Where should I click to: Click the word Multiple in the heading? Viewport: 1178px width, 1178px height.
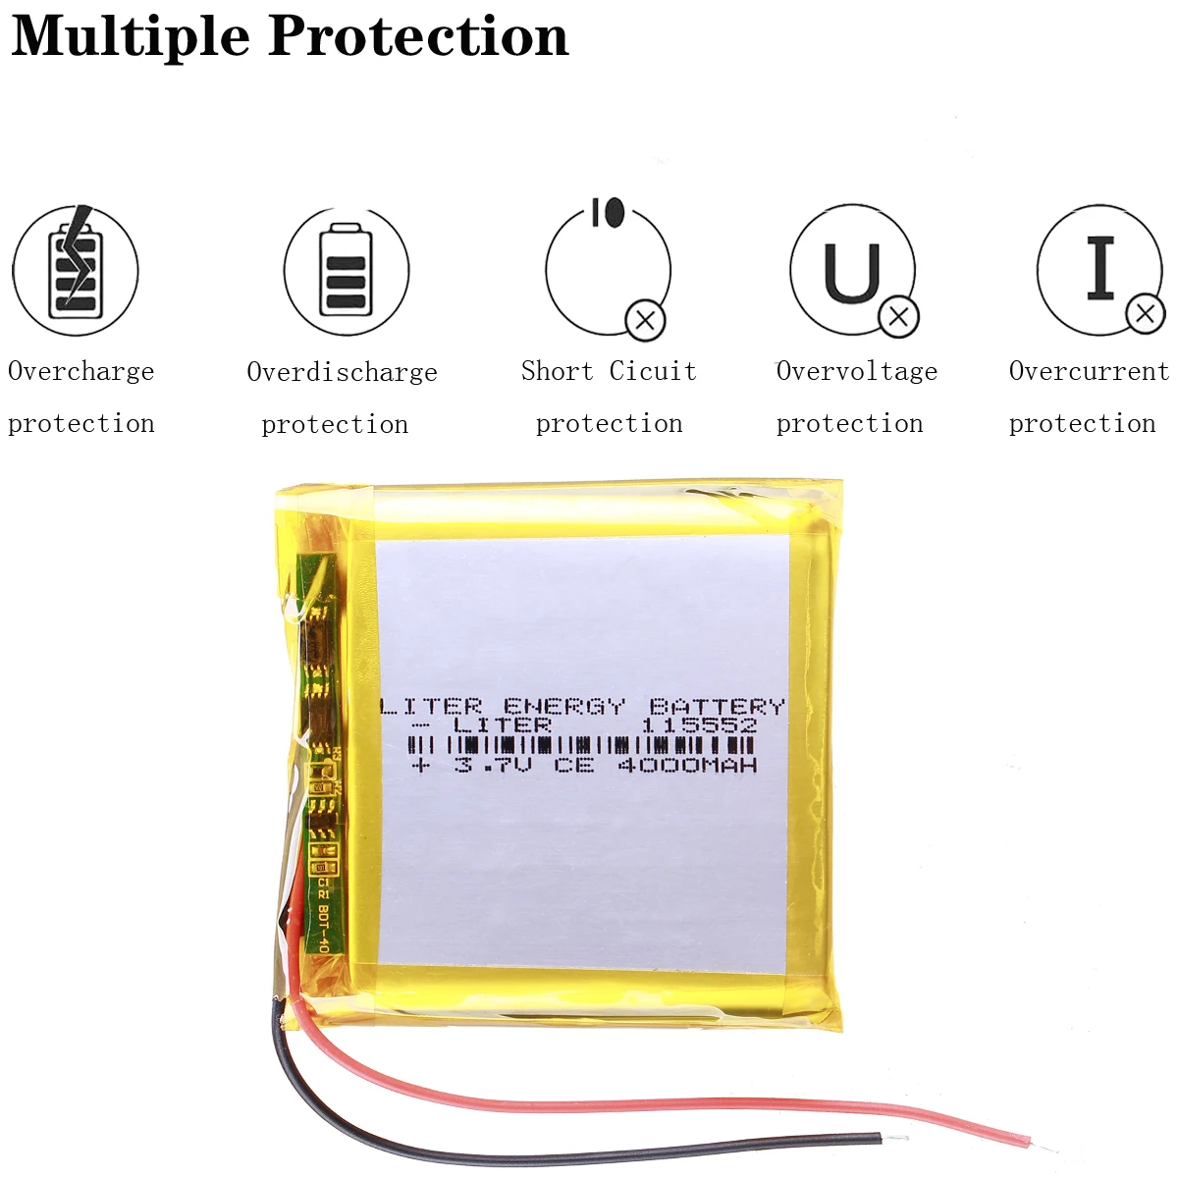(131, 37)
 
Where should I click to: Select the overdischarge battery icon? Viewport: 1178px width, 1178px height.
(346, 270)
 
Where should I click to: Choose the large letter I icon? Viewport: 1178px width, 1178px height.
(1100, 267)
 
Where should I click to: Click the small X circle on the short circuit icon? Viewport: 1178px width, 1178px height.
(646, 319)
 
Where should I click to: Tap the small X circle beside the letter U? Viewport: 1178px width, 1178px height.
(898, 316)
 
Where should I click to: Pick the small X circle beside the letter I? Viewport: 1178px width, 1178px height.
(1145, 314)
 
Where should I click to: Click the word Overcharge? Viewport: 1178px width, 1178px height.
(81, 371)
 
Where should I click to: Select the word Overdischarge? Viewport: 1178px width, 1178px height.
(342, 372)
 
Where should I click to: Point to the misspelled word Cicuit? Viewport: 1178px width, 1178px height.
(653, 371)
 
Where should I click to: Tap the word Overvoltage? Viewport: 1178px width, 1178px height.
(857, 371)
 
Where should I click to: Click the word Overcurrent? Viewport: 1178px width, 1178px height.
(1089, 371)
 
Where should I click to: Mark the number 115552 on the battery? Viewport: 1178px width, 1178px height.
(699, 725)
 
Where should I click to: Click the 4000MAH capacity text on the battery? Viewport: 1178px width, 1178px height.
(687, 765)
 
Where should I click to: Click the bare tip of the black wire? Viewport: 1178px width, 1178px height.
(894, 1140)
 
